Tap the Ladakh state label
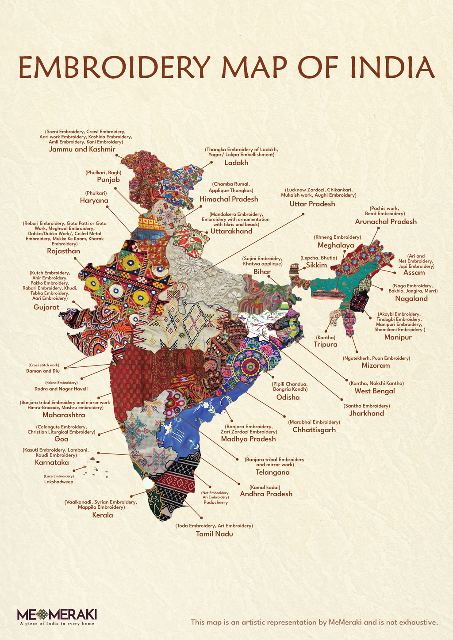[x=236, y=163]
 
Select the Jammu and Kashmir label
[x=82, y=149]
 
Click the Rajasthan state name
[x=64, y=251]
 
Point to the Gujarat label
[x=46, y=307]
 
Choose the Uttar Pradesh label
[x=312, y=204]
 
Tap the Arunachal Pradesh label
[x=386, y=221]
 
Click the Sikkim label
[x=316, y=265]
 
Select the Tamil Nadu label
[x=215, y=534]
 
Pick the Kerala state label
[x=103, y=515]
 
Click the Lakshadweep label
[x=59, y=482]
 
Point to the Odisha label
[x=288, y=397]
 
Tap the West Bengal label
[x=375, y=391]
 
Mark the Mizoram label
[x=376, y=366]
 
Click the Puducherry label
[x=215, y=503]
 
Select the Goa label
[x=61, y=439]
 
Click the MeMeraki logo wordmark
[x=57, y=614]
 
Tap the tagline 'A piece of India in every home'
[x=57, y=624]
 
